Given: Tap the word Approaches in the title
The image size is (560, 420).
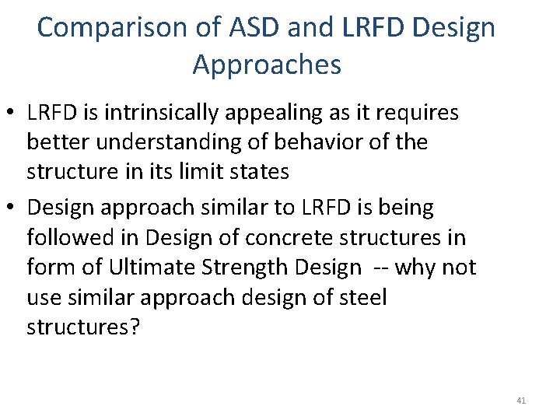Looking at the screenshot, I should (x=267, y=65).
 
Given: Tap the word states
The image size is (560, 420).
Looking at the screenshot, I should (x=289, y=171).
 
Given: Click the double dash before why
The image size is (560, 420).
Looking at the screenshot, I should (x=381, y=268).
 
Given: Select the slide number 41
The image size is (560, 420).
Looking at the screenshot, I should (x=521, y=401).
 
